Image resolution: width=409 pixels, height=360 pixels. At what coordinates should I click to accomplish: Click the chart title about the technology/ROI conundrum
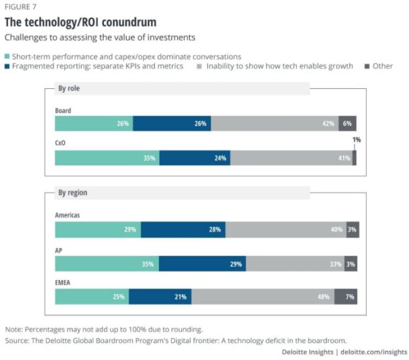pyautogui.click(x=80, y=22)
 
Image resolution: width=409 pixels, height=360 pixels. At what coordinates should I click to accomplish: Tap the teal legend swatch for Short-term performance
pyautogui.click(x=8, y=57)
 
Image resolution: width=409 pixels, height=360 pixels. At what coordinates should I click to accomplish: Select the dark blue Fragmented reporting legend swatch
pyautogui.click(x=8, y=67)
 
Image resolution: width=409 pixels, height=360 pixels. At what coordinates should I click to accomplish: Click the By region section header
pyautogui.click(x=73, y=193)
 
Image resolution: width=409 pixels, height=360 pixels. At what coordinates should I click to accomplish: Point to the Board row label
pyautogui.click(x=63, y=111)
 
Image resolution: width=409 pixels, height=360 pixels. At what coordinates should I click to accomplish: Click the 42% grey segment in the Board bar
pyautogui.click(x=275, y=124)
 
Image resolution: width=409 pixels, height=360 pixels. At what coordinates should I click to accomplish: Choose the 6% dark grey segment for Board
pyautogui.click(x=347, y=124)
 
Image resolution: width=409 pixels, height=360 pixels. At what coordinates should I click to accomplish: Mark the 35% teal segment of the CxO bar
pyautogui.click(x=107, y=158)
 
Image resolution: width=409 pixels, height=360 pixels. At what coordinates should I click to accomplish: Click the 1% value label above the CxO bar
pyautogui.click(x=357, y=139)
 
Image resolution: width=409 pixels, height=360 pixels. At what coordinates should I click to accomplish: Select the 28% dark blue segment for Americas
pyautogui.click(x=183, y=230)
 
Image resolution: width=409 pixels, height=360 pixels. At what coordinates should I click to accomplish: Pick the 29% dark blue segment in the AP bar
pyautogui.click(x=202, y=264)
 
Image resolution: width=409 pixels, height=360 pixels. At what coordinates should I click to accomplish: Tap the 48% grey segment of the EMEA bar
pyautogui.click(x=262, y=297)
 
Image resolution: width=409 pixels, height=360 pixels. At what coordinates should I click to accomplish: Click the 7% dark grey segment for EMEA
pyautogui.click(x=346, y=297)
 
